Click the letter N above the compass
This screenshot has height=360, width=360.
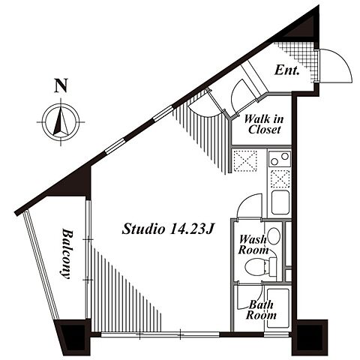(61, 85)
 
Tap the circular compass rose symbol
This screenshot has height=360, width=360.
(61, 122)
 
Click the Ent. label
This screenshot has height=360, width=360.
(287, 70)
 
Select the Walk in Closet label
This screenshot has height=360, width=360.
(264, 124)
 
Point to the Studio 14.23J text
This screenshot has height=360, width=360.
(167, 229)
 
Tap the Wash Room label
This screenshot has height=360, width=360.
(253, 244)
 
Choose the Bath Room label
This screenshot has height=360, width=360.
(261, 310)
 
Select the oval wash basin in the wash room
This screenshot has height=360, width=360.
(274, 236)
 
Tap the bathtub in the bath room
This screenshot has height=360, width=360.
(277, 308)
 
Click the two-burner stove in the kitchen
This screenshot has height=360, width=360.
(280, 159)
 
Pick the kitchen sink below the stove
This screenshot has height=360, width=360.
(280, 202)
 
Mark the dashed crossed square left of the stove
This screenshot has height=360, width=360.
(245, 160)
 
